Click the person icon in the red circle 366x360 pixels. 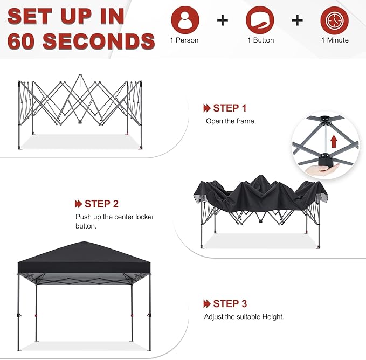click(x=185, y=20)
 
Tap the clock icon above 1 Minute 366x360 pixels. click(x=334, y=20)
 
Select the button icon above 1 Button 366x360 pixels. click(x=260, y=20)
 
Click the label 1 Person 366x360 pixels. click(x=185, y=40)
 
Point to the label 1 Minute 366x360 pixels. click(x=334, y=40)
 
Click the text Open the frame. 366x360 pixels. click(x=231, y=121)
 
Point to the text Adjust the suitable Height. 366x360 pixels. click(x=244, y=317)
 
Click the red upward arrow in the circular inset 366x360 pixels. click(x=334, y=141)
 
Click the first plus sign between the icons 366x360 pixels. click(x=222, y=20)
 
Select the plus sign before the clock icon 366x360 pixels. click(x=297, y=20)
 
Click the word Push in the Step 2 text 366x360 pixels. click(x=84, y=217)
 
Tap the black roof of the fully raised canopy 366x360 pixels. click(x=84, y=253)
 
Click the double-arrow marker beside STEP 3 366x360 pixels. click(x=206, y=304)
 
